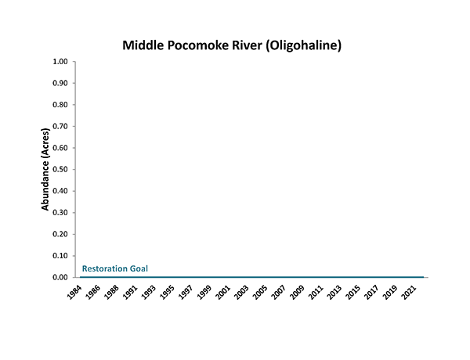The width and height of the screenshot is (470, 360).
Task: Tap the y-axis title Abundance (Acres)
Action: click(x=46, y=170)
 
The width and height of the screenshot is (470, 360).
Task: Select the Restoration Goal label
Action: click(x=115, y=269)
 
